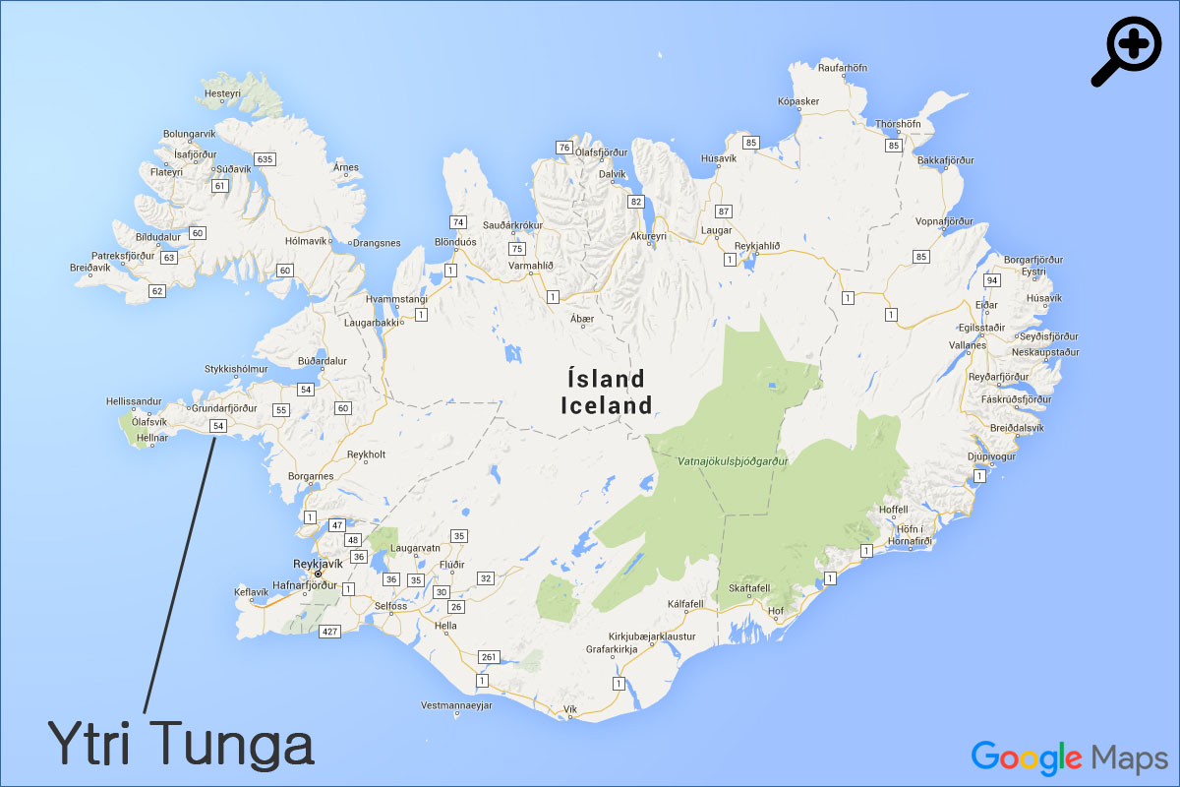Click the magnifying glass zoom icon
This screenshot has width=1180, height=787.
(1127, 51)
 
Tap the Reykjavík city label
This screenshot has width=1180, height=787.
(318, 564)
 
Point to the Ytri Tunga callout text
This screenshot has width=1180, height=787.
(182, 745)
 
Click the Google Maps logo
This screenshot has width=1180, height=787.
(1069, 757)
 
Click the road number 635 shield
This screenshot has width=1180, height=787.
(264, 159)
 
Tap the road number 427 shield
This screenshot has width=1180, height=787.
(329, 631)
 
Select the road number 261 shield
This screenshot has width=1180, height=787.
(490, 656)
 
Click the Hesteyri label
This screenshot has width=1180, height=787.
(221, 93)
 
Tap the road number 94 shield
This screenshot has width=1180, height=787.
(992, 280)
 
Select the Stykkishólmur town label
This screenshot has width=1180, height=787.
(236, 370)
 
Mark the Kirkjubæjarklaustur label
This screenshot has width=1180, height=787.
(652, 636)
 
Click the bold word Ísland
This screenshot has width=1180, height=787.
(606, 379)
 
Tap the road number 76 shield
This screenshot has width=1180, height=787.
(563, 148)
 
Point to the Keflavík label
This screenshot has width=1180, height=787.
(251, 592)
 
